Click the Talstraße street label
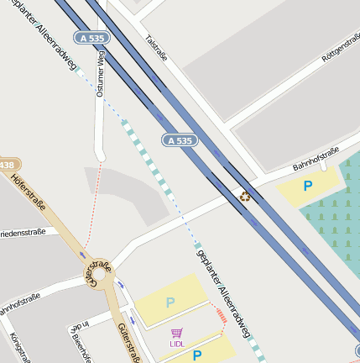tap(157, 51)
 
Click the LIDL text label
tap(176, 344)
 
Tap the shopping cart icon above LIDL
tap(176, 333)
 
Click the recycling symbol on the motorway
tap(245, 197)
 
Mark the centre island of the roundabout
tap(99, 273)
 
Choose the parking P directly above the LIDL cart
tap(170, 302)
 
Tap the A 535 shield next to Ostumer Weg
tap(91, 38)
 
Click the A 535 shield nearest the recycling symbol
tap(180, 140)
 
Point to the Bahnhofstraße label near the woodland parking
tap(315, 159)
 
